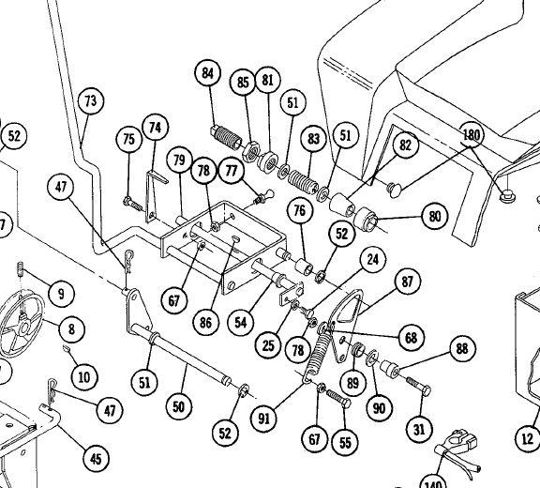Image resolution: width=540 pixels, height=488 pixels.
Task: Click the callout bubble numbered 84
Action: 207,73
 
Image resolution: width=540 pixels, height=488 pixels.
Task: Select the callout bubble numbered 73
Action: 91,101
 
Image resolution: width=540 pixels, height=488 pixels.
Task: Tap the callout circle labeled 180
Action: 472,134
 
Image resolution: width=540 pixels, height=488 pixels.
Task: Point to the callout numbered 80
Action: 435,217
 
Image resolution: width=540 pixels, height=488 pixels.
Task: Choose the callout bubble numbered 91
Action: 263,419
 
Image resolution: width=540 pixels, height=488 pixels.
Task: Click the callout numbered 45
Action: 96,459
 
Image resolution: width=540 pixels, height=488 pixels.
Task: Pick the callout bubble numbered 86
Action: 205,323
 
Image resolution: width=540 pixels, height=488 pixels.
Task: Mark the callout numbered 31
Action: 419,430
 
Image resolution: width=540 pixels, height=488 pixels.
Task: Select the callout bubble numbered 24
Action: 372,260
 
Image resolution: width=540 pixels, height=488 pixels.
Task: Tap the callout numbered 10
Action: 84,377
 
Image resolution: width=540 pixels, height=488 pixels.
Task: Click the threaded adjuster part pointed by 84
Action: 226,137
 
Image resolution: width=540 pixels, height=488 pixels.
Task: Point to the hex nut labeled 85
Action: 250,152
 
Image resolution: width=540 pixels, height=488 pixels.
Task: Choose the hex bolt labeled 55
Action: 338,399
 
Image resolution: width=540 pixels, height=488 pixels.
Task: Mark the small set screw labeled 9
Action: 21,269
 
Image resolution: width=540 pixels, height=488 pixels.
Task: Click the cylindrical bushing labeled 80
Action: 366,219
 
